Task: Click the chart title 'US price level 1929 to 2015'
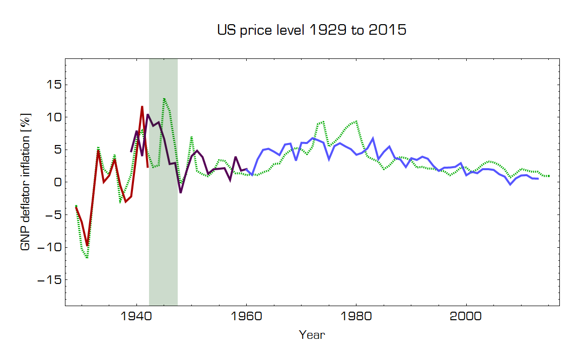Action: (312, 30)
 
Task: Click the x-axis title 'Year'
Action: (312, 335)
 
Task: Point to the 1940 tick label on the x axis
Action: (135, 317)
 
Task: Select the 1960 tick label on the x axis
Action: (246, 317)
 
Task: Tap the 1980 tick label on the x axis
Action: (356, 317)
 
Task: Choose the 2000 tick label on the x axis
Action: (466, 317)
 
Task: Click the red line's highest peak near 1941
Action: (142, 107)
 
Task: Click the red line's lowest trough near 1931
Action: (87, 245)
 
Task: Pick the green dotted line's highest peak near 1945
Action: (164, 99)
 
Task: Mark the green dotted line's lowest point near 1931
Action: (87, 258)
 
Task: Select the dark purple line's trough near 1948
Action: (181, 192)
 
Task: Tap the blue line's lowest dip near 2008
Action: (511, 184)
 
